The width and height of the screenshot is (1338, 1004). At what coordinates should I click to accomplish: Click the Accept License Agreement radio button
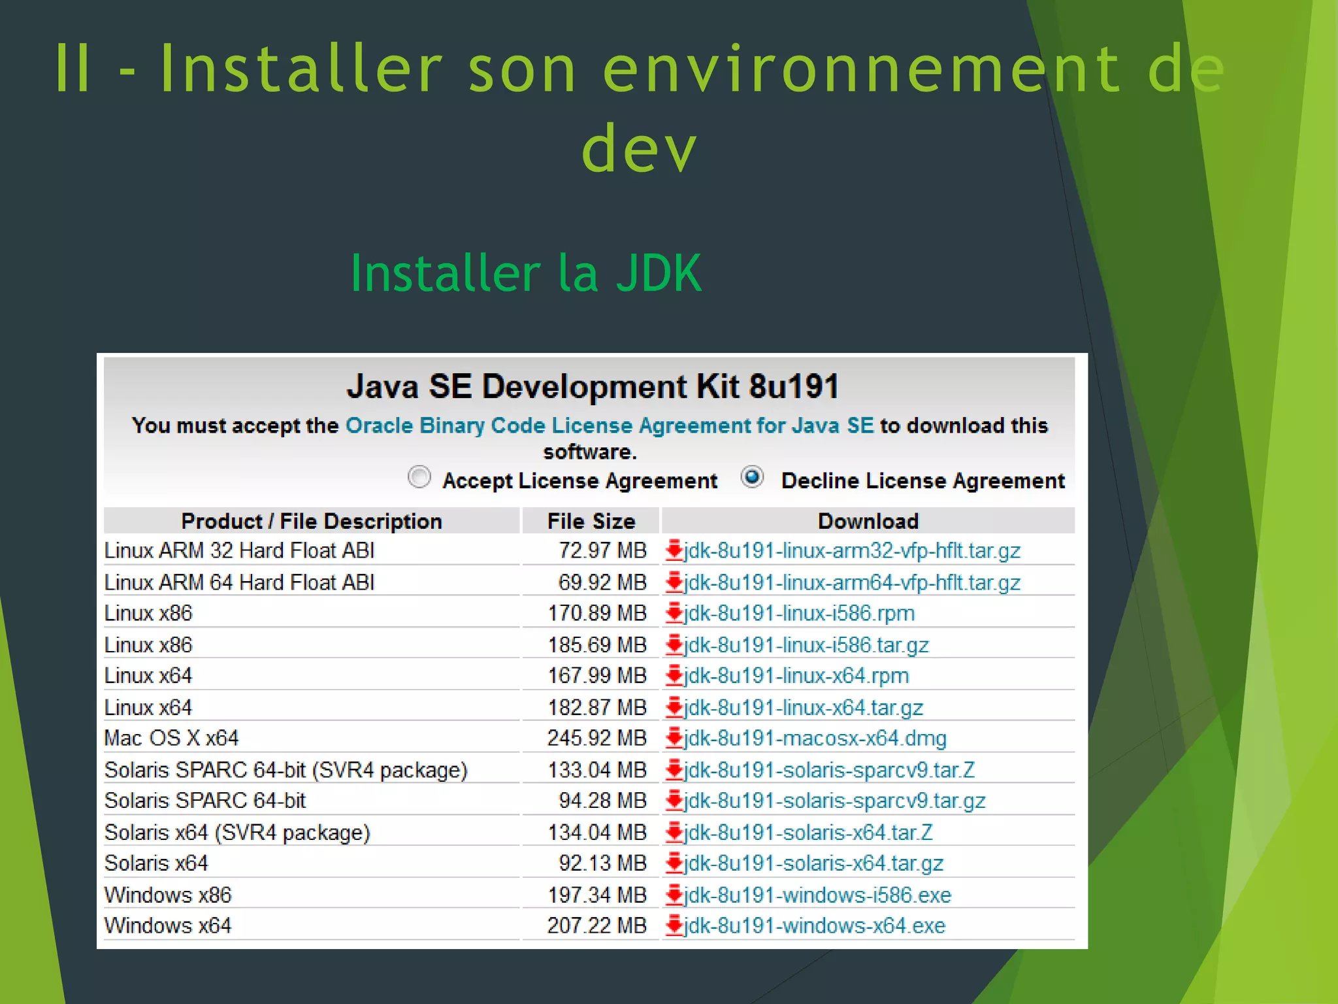pyautogui.click(x=419, y=477)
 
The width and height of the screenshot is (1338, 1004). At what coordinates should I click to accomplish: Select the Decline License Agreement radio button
pyautogui.click(x=753, y=477)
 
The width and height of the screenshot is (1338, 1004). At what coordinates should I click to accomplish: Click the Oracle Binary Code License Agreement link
pyautogui.click(x=609, y=426)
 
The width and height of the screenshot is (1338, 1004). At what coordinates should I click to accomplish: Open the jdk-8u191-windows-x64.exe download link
pyautogui.click(x=814, y=926)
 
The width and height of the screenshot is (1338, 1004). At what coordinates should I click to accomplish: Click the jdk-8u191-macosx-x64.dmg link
pyautogui.click(x=815, y=738)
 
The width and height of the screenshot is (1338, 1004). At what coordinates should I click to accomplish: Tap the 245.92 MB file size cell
pyautogui.click(x=596, y=738)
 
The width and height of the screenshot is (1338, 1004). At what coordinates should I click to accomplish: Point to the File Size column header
pyautogui.click(x=591, y=521)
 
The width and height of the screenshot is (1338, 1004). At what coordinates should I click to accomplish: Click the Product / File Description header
pyautogui.click(x=312, y=521)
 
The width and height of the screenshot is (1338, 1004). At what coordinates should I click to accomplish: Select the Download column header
pyautogui.click(x=868, y=521)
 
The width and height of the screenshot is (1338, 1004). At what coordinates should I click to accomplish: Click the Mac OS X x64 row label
pyautogui.click(x=172, y=738)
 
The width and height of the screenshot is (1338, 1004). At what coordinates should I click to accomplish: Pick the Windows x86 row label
pyautogui.click(x=168, y=895)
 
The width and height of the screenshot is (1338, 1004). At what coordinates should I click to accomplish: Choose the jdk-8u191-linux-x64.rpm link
pyautogui.click(x=796, y=675)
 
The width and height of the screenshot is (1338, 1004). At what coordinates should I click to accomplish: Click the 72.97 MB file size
pyautogui.click(x=602, y=550)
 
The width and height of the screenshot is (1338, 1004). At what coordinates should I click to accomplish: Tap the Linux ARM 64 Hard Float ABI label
pyautogui.click(x=240, y=582)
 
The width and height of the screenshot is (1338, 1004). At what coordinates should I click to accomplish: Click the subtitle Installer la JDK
pyautogui.click(x=526, y=273)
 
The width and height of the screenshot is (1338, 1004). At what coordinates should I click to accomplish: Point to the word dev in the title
pyautogui.click(x=639, y=149)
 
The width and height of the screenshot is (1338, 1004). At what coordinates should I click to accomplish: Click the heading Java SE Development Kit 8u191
pyautogui.click(x=593, y=386)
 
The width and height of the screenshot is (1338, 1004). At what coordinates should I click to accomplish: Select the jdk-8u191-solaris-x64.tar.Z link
pyautogui.click(x=808, y=832)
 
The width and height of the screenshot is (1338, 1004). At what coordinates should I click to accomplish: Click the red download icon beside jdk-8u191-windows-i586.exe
pyautogui.click(x=674, y=895)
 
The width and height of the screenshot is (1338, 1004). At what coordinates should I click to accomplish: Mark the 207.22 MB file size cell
pyautogui.click(x=596, y=926)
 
